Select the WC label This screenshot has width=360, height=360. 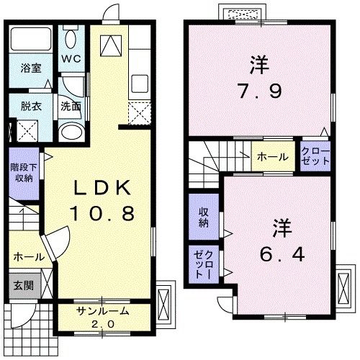click(x=71, y=58)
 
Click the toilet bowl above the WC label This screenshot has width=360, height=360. click(x=71, y=37)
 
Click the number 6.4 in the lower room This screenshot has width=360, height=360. click(x=278, y=253)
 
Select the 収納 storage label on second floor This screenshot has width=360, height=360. click(x=203, y=217)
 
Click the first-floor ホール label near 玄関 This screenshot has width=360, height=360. click(x=28, y=256)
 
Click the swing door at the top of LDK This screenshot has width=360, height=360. click(x=109, y=13)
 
